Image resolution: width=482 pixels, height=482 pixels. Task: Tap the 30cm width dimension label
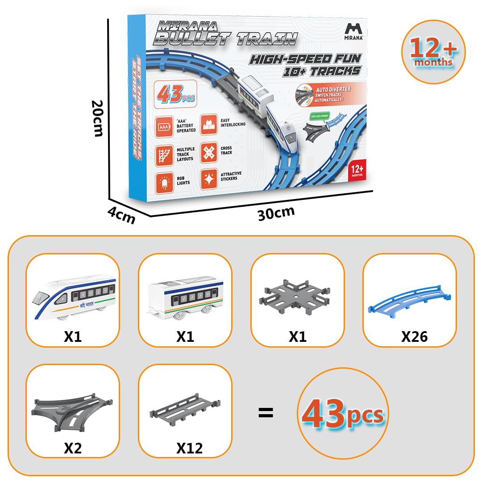pos(276,212)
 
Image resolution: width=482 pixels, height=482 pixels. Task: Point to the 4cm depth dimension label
pos(121,216)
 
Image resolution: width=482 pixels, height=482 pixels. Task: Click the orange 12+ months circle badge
pos(433,52)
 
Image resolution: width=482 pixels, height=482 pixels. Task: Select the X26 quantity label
pos(414,336)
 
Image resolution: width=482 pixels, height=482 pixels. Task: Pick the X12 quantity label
pos(189,448)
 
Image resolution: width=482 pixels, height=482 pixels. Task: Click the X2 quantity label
pos(73,448)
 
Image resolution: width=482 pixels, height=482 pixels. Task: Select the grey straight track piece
pos(185,408)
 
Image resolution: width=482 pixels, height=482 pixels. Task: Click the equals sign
pos(266,413)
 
